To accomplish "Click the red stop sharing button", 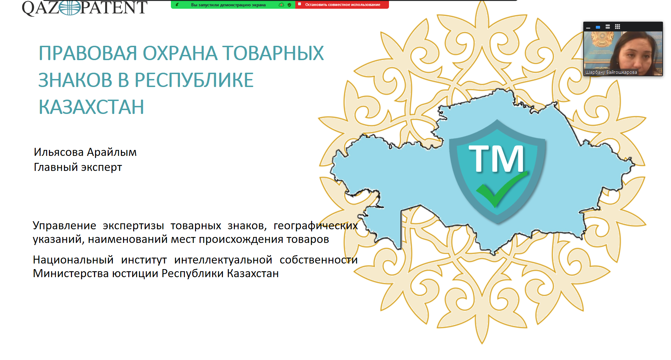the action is click(x=342, y=5).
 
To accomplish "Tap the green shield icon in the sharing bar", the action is click(x=289, y=5).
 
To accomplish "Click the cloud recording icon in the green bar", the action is click(x=281, y=5).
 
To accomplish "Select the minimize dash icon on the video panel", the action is click(x=588, y=27).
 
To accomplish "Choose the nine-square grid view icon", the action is click(x=618, y=27).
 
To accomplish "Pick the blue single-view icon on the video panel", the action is click(x=598, y=27).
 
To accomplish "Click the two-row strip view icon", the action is click(x=608, y=27).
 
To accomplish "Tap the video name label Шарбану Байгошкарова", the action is click(x=611, y=72).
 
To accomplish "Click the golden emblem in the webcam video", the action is click(x=601, y=39).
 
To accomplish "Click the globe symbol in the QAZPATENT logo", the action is click(x=70, y=8).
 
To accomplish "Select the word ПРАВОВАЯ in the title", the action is click(x=87, y=53).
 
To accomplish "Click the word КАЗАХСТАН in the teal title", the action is click(x=91, y=107).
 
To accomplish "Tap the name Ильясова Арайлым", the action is click(x=85, y=152).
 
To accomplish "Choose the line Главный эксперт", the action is click(x=78, y=167).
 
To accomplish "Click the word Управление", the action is click(x=65, y=226).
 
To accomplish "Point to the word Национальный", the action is click(x=73, y=260).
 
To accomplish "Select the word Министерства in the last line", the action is click(x=71, y=273).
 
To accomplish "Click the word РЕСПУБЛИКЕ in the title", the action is click(x=194, y=80).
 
